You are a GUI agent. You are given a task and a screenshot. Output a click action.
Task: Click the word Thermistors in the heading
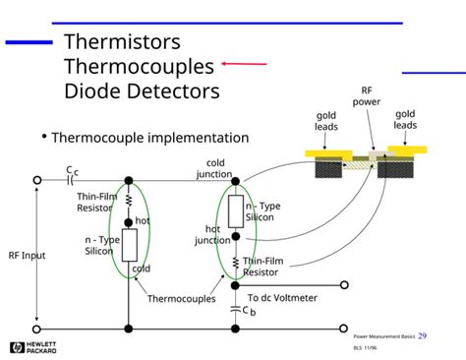(x=122, y=43)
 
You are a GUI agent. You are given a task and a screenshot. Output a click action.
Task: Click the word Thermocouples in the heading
(x=139, y=67)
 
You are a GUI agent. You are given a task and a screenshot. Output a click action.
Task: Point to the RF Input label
(x=28, y=256)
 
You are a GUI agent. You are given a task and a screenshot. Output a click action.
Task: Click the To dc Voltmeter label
(x=282, y=298)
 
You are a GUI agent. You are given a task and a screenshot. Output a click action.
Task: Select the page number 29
(x=422, y=336)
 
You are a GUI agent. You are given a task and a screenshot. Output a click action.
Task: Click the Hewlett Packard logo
(x=32, y=347)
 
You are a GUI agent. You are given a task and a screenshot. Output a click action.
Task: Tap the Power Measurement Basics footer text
(x=384, y=337)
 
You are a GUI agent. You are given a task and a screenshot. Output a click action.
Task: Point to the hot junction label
(x=211, y=235)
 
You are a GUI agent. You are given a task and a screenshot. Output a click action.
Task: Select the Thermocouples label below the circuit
(x=181, y=299)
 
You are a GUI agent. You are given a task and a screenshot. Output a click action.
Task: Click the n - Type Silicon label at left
(x=102, y=245)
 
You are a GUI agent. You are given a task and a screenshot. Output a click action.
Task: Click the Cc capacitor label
(x=71, y=172)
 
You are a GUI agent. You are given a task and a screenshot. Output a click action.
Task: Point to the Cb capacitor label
(x=249, y=311)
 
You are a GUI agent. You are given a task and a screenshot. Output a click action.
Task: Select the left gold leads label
(x=326, y=121)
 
